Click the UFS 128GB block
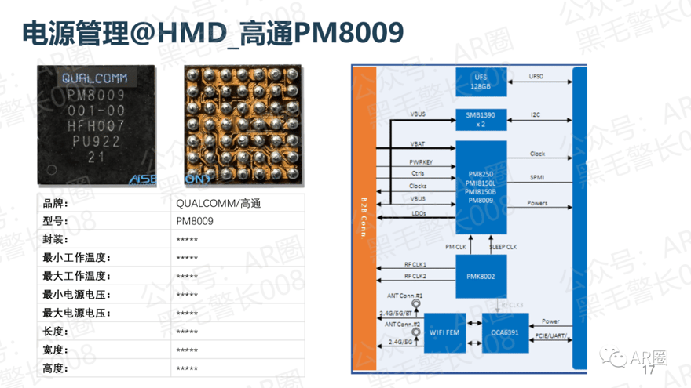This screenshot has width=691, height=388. click(x=481, y=81)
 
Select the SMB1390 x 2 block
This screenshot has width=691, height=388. click(x=481, y=119)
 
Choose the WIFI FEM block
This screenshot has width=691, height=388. click(x=445, y=332)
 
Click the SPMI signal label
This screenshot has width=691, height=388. click(x=537, y=178)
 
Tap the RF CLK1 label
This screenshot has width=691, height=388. click(x=415, y=265)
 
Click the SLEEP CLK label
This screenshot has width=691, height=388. click(x=503, y=247)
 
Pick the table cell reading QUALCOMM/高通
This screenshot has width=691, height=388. click(x=218, y=203)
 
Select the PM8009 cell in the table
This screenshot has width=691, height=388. click(x=195, y=221)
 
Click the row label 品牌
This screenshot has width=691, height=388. click(x=56, y=203)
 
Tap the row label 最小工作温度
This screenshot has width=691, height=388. click(x=75, y=258)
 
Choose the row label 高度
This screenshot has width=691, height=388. click(x=56, y=368)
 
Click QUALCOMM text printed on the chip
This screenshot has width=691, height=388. click(x=94, y=79)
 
